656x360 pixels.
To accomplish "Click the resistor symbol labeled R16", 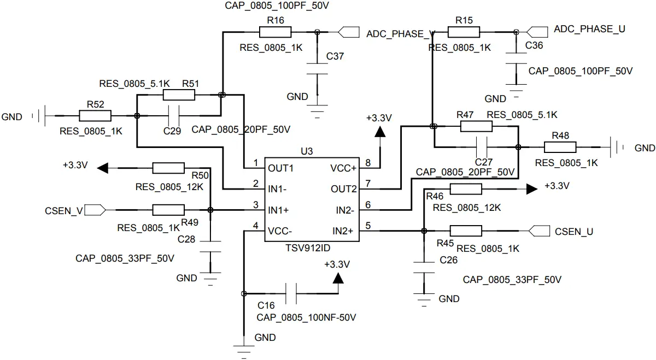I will (x=276, y=32).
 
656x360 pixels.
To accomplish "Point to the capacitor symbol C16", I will (x=290, y=293).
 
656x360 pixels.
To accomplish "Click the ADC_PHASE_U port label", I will (x=589, y=29).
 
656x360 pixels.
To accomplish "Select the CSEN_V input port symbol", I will (x=95, y=210).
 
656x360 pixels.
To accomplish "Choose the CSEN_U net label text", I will (x=574, y=232).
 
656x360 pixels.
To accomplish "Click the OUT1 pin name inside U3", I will (x=280, y=168).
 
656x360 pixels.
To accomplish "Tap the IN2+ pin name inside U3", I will (x=343, y=231).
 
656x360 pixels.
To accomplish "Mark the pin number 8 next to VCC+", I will (x=368, y=163).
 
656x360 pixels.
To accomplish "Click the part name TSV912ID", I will (x=308, y=247).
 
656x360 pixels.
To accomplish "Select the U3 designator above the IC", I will (x=307, y=151).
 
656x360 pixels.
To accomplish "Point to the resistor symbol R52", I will (x=95, y=116).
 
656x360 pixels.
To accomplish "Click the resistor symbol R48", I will (x=560, y=146).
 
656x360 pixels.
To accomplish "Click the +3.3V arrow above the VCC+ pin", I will (x=379, y=131).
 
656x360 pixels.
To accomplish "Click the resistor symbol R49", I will (x=168, y=210).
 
